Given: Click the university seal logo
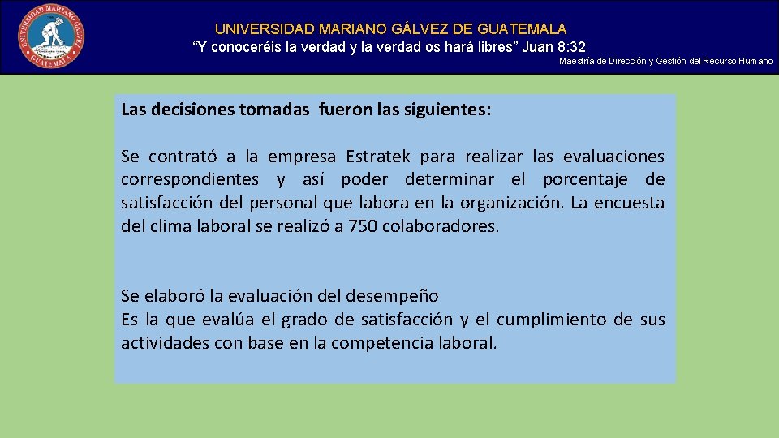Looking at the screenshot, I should click(50, 36).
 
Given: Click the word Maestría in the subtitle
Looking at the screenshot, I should click(576, 62).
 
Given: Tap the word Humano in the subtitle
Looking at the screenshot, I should click(755, 62).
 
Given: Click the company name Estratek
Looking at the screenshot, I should click(377, 156).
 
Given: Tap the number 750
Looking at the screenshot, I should click(363, 225).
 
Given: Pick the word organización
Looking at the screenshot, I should click(506, 203).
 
